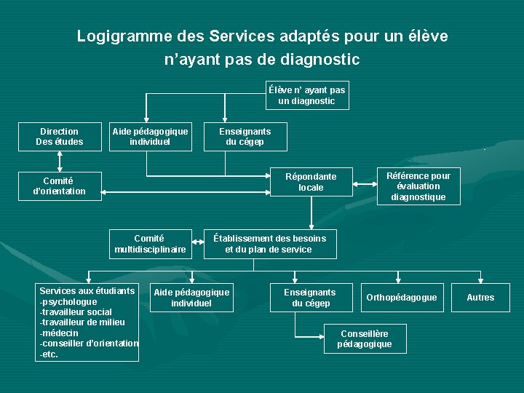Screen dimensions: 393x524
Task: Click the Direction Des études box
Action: [60, 137]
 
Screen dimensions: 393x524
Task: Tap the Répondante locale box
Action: [311, 182]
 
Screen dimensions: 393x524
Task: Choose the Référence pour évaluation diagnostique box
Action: [418, 186]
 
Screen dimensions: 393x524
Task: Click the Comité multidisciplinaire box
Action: [150, 244]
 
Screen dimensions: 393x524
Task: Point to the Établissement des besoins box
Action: [269, 244]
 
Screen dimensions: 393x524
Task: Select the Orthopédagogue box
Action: [402, 297]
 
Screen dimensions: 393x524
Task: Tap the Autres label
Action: [480, 297]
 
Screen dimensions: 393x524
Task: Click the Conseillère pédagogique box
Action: [365, 338]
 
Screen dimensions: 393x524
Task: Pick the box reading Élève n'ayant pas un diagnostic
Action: [307, 95]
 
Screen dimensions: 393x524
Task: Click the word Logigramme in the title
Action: [117, 36]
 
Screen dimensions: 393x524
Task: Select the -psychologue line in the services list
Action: [68, 301]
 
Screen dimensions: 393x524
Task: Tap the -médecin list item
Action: [59, 333]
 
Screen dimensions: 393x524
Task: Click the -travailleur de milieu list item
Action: [82, 322]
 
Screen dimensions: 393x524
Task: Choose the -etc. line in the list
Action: [49, 354]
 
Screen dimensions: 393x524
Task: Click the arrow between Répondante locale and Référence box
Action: [365, 186]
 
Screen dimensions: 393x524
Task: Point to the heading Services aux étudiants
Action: [87, 291]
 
